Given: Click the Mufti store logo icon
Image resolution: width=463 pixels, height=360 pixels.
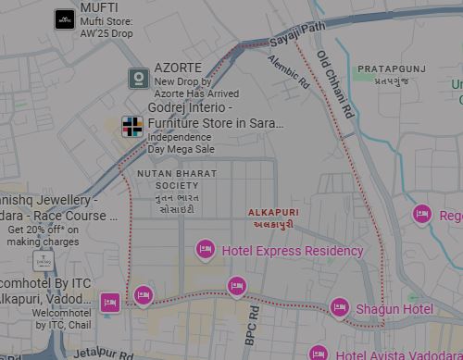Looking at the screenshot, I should [x=64, y=18].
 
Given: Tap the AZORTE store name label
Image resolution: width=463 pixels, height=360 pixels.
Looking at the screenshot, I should [x=178, y=68].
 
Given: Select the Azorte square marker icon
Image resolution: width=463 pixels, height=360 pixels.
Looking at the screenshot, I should [x=138, y=79].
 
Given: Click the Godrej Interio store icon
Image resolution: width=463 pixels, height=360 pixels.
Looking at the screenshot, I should [x=133, y=126].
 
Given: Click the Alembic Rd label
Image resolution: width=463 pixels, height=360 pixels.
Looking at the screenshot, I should [x=288, y=71].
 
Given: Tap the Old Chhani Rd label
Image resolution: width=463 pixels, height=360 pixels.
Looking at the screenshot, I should [x=335, y=83].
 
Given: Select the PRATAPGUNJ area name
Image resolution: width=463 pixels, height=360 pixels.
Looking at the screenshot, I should [x=392, y=68].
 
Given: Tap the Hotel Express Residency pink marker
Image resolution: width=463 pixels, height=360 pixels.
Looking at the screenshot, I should [x=205, y=249].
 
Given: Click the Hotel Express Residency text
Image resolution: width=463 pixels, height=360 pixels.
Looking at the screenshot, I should [x=293, y=251].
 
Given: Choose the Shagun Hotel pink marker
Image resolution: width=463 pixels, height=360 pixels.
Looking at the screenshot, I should [x=340, y=307].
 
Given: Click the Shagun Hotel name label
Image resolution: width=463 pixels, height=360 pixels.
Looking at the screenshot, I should [x=394, y=309].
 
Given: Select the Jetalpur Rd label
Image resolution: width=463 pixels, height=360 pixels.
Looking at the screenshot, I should [x=104, y=353].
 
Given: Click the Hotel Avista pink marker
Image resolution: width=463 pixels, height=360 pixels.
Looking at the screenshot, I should [x=319, y=354].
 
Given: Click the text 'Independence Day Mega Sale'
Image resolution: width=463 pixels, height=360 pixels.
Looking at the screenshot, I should [x=181, y=143].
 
